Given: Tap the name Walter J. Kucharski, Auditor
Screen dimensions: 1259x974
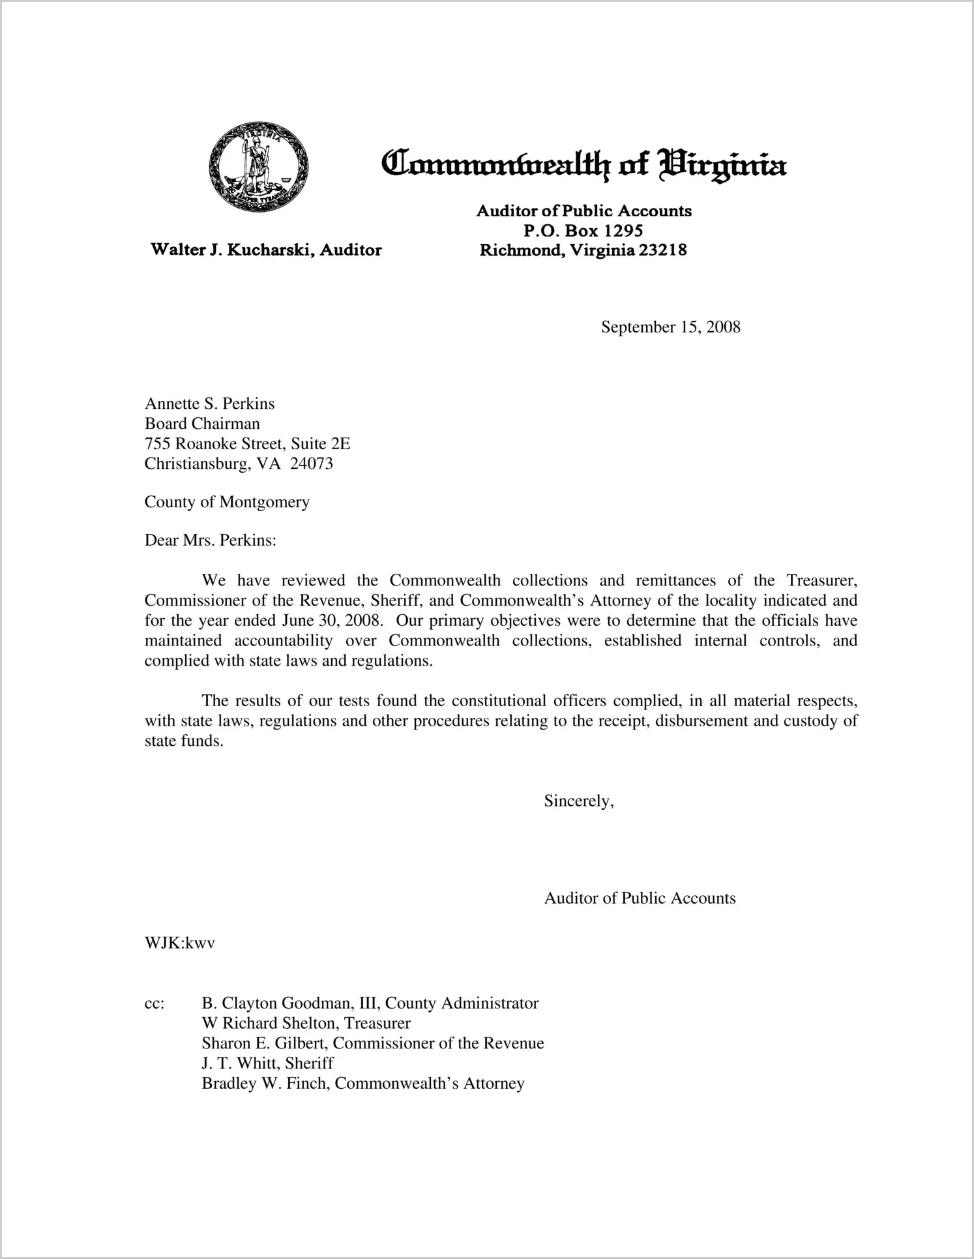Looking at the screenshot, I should [x=266, y=250].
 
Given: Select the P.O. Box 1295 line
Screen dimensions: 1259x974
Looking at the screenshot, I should [x=583, y=230].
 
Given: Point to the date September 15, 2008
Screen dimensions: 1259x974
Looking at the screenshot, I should [x=670, y=327].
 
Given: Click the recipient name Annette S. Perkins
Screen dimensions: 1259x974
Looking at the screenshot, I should [x=209, y=404].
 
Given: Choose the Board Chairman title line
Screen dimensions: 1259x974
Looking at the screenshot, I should [x=202, y=424].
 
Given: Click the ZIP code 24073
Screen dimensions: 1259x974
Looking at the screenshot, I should [x=311, y=464].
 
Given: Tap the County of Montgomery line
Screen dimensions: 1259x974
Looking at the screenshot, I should [x=227, y=502].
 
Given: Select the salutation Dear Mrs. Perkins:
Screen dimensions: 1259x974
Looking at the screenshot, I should [x=211, y=541].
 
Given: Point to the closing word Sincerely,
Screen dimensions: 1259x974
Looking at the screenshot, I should [x=579, y=801].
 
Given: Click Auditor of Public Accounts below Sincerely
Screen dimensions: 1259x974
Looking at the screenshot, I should [x=640, y=898].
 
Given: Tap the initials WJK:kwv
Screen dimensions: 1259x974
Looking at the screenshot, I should [x=180, y=943].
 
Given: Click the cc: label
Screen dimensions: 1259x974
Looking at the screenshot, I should [x=155, y=1003].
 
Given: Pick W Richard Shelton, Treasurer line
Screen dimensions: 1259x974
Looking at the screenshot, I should [x=306, y=1023].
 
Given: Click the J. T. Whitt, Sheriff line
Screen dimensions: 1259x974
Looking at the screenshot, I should [x=267, y=1063].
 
